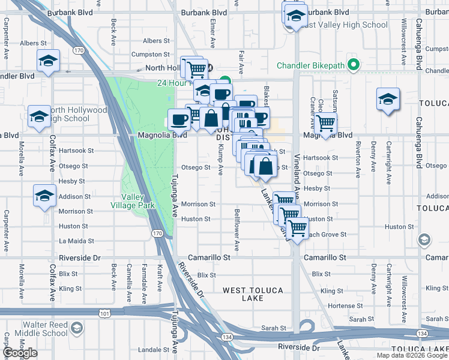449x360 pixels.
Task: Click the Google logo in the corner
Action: coord(20,353)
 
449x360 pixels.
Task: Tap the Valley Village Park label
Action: coord(138,201)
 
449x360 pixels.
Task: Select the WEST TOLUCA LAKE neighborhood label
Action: coord(253,294)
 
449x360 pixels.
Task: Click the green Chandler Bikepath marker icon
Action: coord(354,65)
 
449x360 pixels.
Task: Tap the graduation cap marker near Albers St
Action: coord(47,61)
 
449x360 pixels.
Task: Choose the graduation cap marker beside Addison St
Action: coord(45,196)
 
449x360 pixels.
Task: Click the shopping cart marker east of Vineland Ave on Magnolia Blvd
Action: coord(326,124)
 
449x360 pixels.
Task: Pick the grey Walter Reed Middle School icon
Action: coord(76,328)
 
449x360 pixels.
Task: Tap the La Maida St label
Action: coord(74,241)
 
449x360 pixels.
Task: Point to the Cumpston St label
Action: coord(146,55)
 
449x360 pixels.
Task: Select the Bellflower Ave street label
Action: coord(237,230)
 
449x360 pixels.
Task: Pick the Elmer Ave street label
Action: coord(213,33)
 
